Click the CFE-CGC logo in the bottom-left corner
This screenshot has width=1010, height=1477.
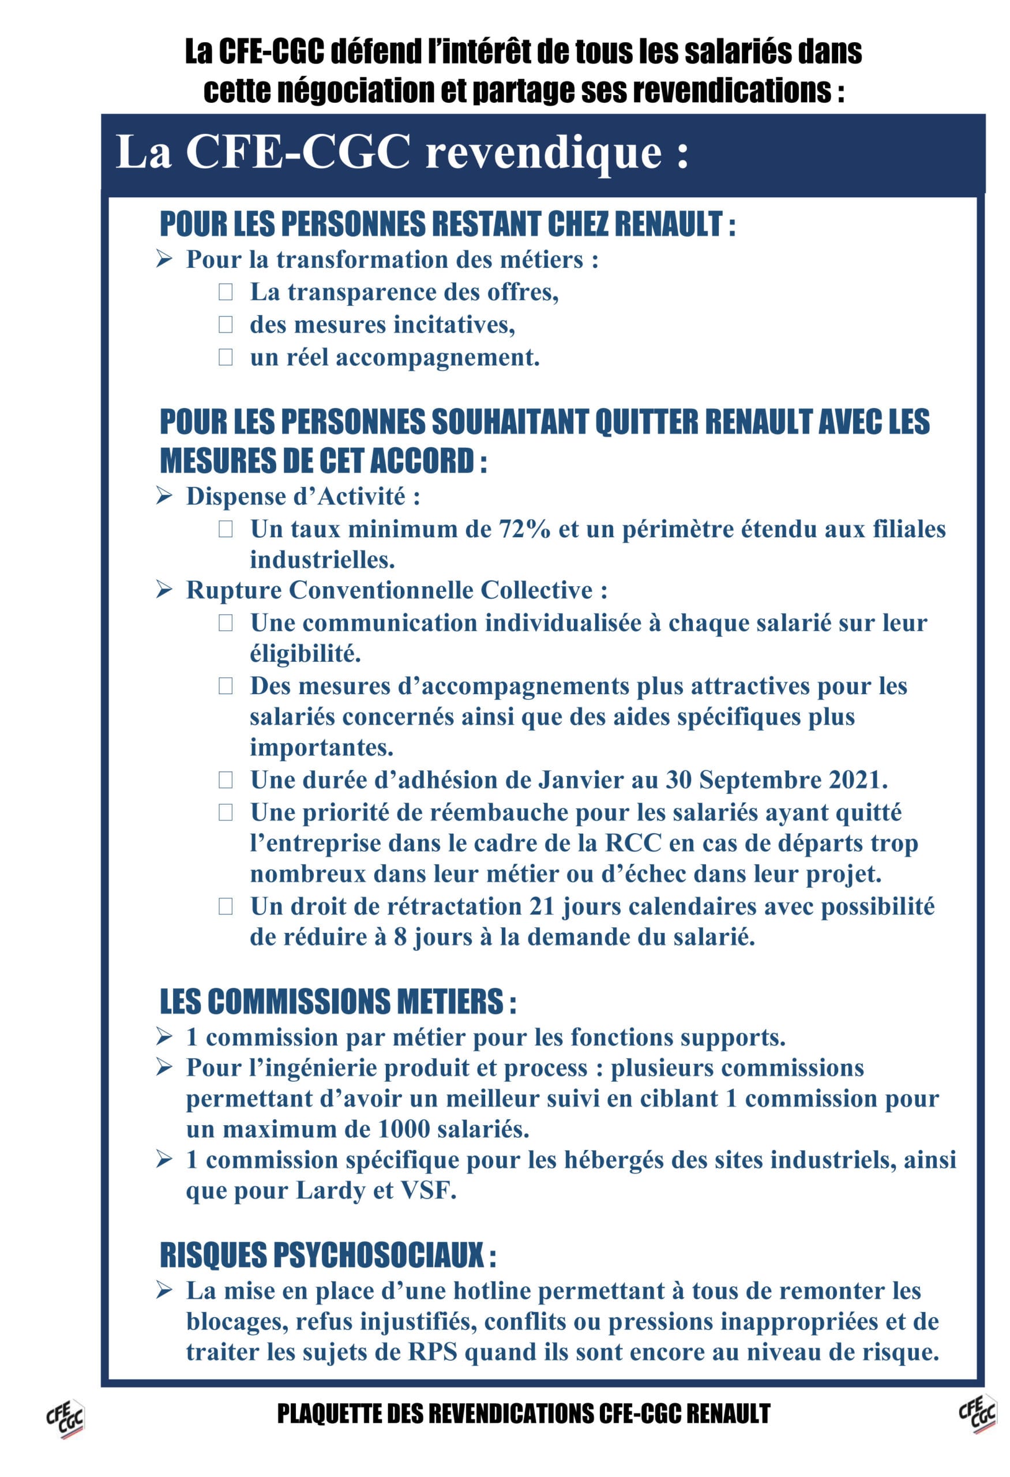65,1419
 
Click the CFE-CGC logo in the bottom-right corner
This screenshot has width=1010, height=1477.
978,1414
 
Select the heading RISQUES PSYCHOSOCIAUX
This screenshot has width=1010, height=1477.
327,1255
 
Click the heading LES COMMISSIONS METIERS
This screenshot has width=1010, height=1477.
337,1002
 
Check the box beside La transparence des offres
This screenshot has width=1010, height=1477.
226,293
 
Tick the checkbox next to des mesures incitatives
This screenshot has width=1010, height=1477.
226,325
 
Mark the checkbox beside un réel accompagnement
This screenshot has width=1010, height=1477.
226,357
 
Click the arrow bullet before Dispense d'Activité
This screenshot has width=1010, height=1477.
164,496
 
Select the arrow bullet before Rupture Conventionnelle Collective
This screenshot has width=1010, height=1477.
164,590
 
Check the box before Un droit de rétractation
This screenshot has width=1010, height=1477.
226,906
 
